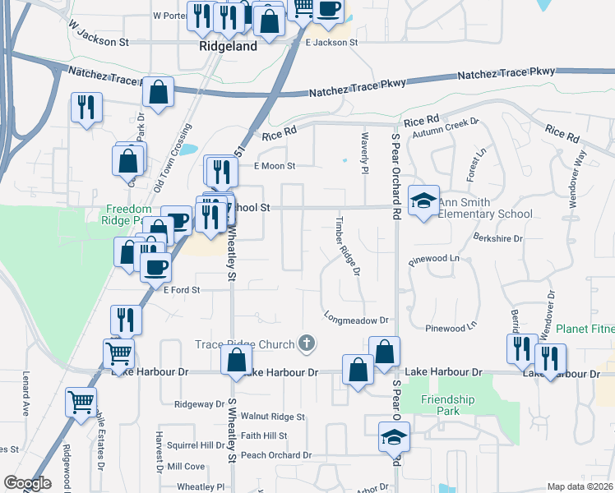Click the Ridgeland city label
click(229, 47)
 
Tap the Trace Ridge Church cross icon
click(307, 343)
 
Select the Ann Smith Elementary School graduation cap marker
click(423, 201)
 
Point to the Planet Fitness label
click(585, 329)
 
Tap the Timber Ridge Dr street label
click(346, 246)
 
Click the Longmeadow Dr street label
click(355, 319)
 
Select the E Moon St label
click(275, 165)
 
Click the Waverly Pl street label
click(363, 152)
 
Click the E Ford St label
click(182, 290)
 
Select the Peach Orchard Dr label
click(276, 455)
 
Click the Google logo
click(27, 483)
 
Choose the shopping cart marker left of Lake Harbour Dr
click(119, 354)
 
